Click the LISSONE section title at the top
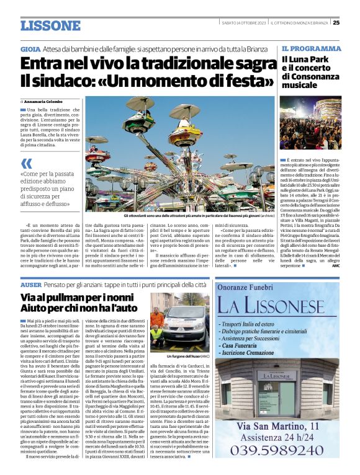point(50,25)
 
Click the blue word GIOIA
point(30,48)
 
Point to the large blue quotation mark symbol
point(26,164)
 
